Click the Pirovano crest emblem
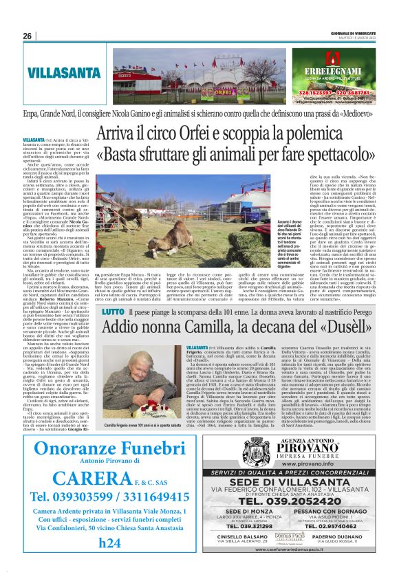[242, 459]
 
